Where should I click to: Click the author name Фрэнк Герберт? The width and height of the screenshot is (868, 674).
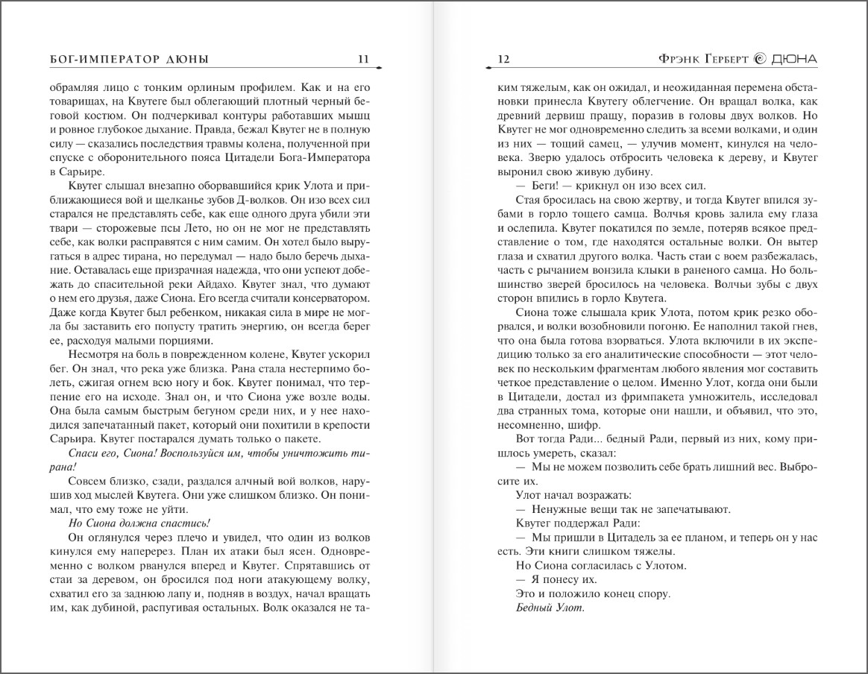coord(697,59)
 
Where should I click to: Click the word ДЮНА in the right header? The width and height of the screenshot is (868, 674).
coord(793,59)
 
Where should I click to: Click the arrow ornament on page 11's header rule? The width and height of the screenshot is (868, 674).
coord(378,69)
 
